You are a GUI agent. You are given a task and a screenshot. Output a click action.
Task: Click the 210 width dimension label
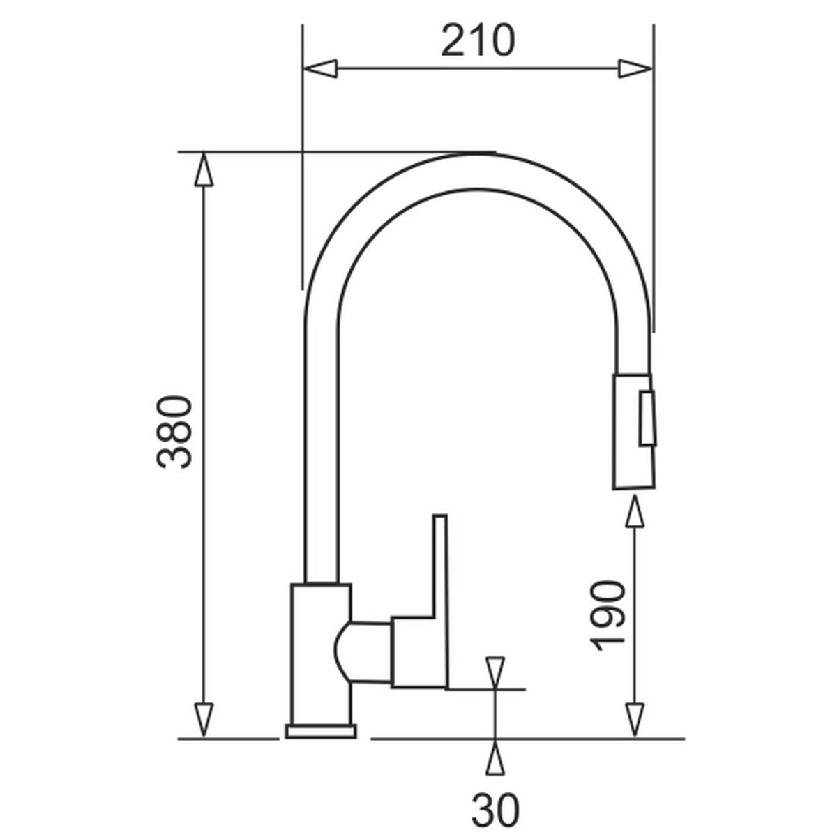477,41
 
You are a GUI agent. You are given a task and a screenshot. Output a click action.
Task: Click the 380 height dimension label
173,432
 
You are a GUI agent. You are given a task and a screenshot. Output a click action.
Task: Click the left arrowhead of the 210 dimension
319,68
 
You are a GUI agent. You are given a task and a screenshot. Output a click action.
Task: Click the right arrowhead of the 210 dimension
635,68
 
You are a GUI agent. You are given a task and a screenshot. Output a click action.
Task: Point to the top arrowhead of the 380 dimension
204,169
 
